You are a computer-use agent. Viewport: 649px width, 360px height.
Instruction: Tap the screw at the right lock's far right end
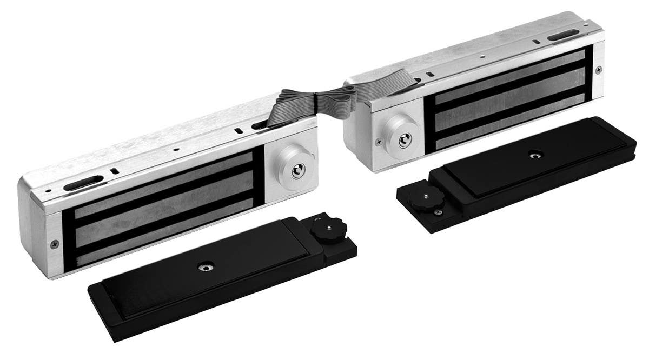(598, 69)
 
